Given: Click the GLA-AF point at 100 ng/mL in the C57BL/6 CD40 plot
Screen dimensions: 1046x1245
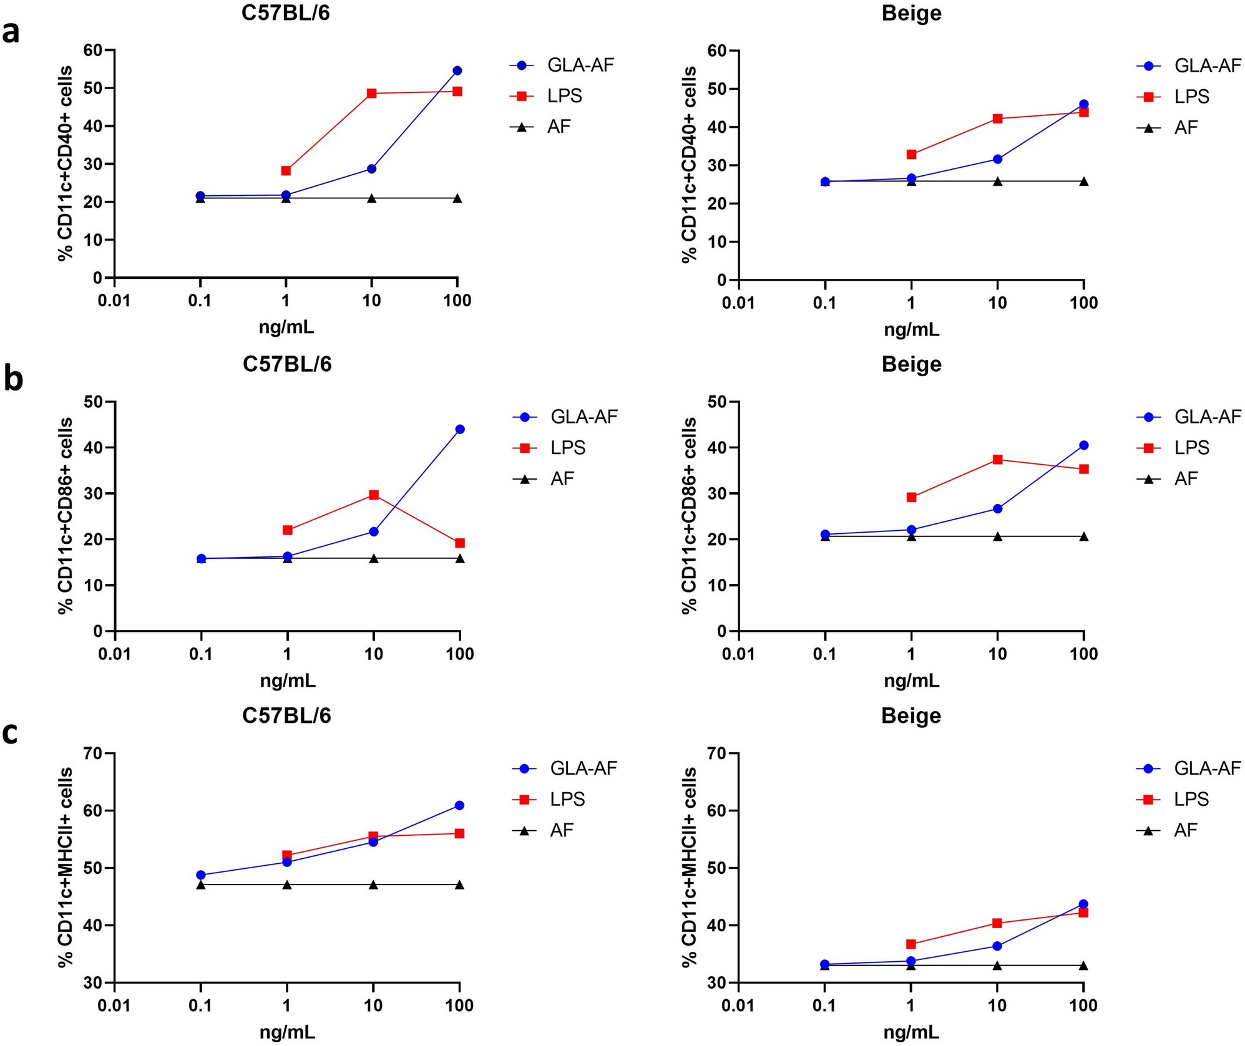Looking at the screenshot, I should coord(457,70).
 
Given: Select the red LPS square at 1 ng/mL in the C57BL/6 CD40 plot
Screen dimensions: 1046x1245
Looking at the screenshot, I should coord(286,170).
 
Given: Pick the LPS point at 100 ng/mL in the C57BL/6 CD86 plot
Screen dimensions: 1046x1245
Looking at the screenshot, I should coord(460,543).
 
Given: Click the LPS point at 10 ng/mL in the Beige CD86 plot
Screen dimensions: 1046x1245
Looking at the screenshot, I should coord(997,460).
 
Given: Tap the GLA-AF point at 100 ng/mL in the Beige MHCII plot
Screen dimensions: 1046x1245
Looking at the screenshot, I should coord(1083,904).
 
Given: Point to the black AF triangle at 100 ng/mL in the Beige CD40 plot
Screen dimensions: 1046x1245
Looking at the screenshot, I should coord(1083,182).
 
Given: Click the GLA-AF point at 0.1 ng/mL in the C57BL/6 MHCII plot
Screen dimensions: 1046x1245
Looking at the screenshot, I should coord(201,875).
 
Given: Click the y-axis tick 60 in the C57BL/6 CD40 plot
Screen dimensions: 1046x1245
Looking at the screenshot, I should coord(92,50).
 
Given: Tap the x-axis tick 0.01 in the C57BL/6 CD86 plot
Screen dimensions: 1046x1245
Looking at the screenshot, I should coord(114,654).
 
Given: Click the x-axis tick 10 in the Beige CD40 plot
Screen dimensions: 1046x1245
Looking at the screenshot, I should coord(997,303).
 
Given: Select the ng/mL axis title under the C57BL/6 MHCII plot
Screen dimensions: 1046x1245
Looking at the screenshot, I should coord(287,1032).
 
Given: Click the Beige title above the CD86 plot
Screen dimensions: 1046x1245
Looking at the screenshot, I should coord(911,364).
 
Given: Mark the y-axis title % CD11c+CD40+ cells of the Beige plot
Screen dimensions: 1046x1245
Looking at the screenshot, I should coord(689,165).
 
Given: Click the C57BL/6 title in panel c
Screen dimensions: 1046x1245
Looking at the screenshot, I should coord(286,715).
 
